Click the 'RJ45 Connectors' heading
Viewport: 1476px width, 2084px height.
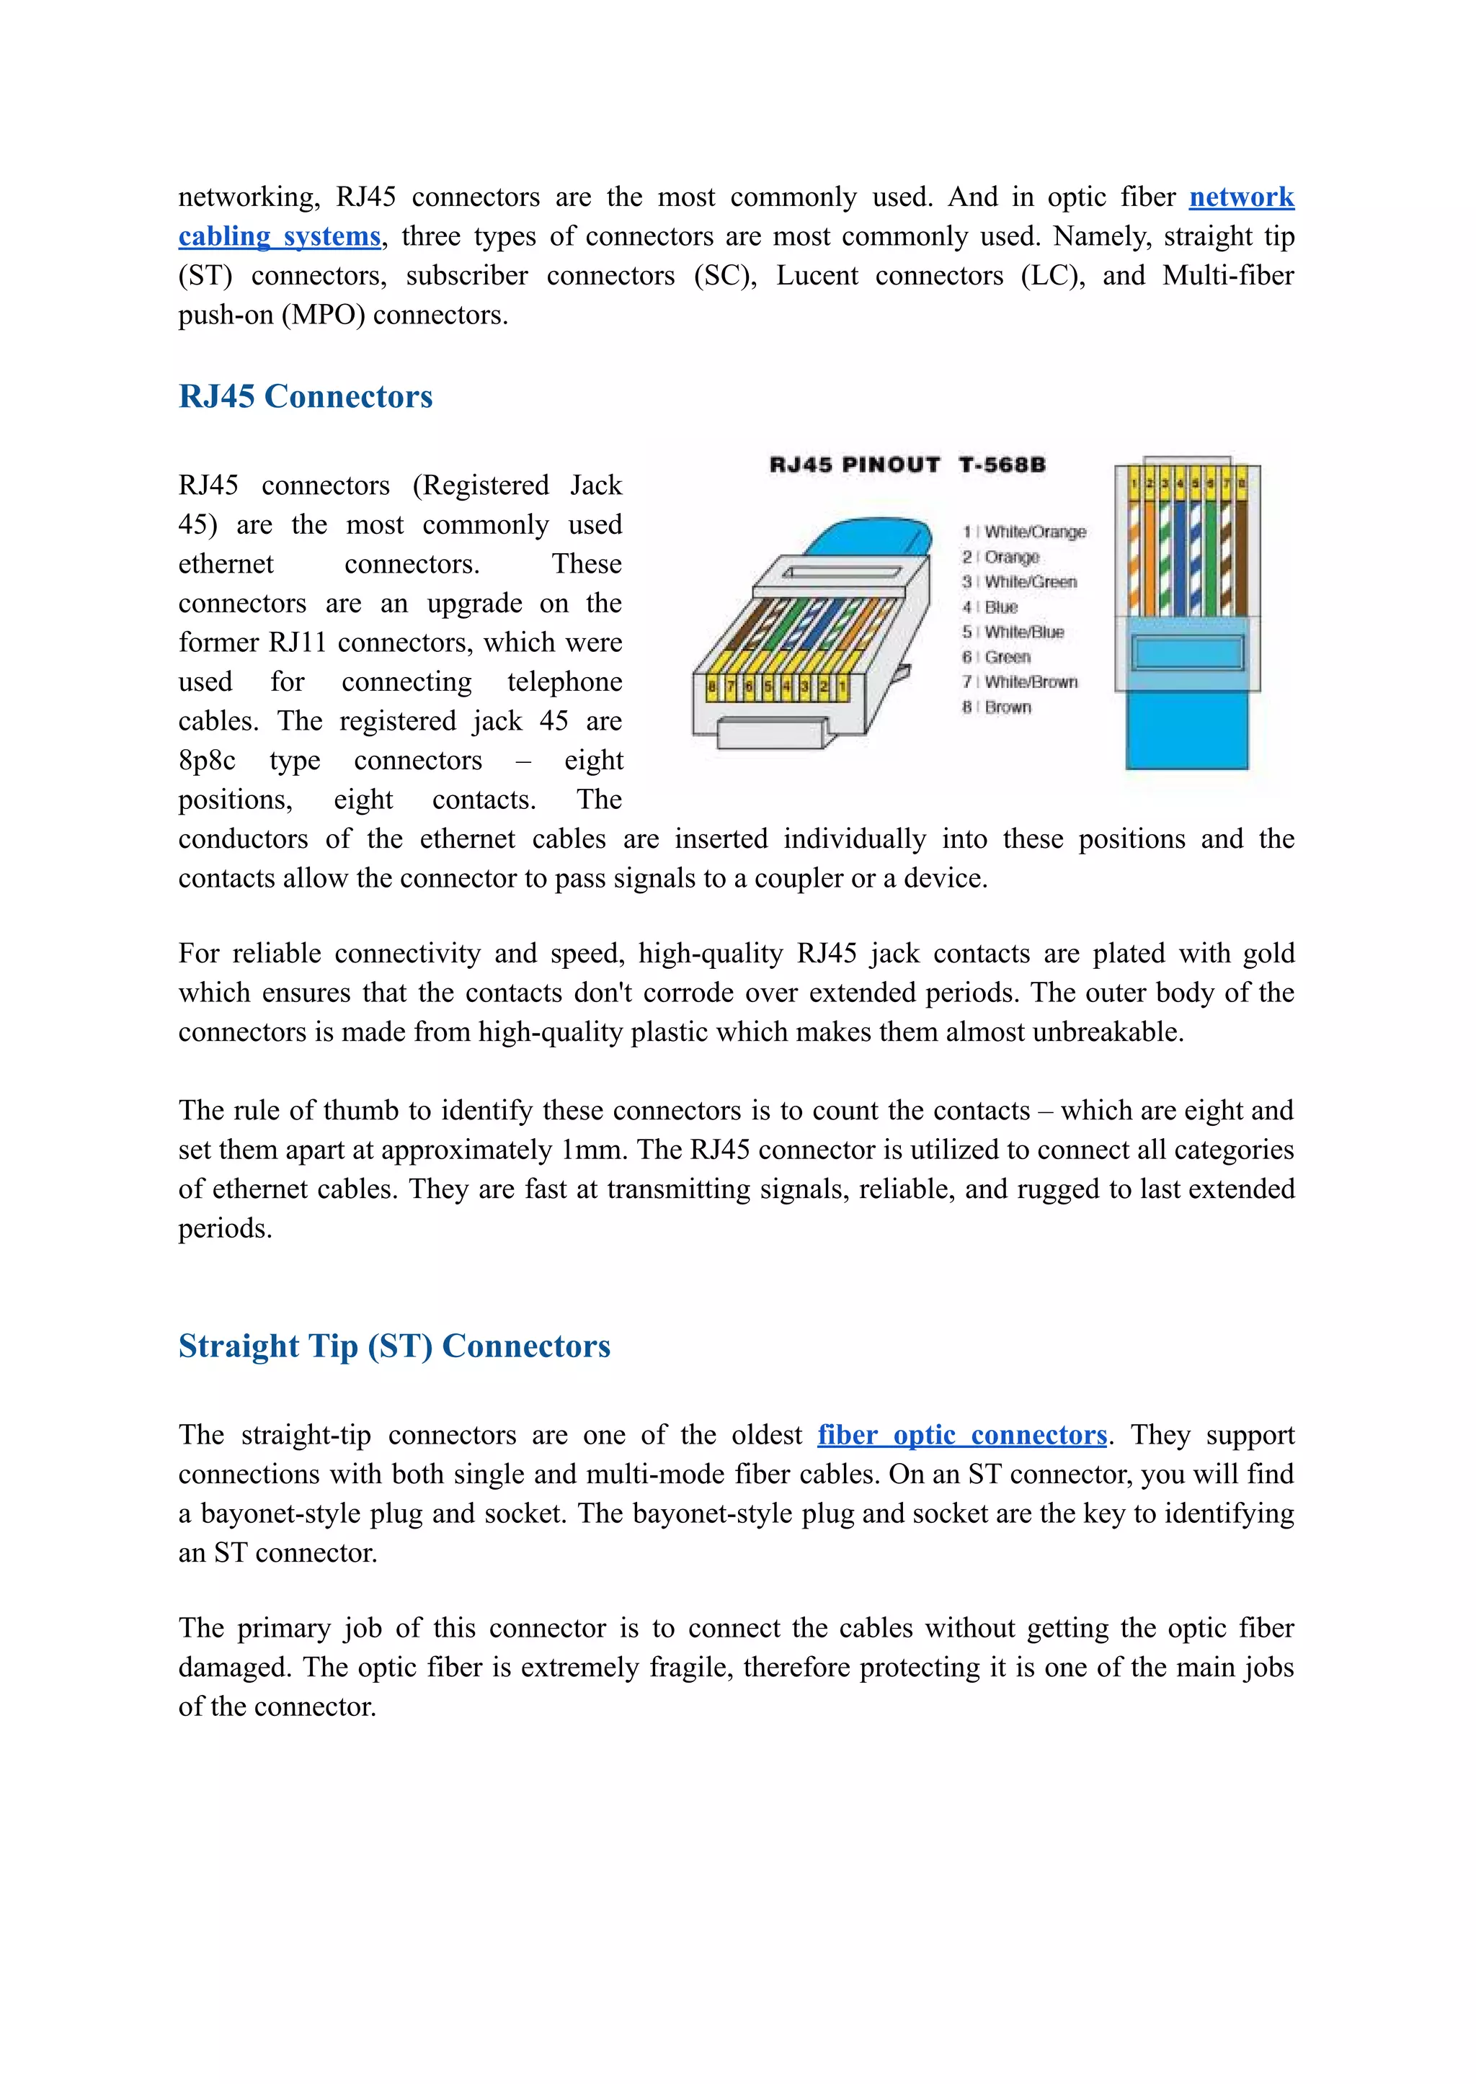pos(306,397)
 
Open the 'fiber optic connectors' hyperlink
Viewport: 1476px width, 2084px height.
pos(961,1434)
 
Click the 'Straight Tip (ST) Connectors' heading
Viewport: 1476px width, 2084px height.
pos(394,1346)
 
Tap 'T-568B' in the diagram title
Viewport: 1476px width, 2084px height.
pos(1002,465)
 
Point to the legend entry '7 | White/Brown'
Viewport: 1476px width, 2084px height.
pos(1020,681)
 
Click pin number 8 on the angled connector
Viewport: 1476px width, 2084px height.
pos(711,688)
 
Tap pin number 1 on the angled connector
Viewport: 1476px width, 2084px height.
pos(843,688)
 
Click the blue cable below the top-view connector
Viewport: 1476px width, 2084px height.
pos(1186,731)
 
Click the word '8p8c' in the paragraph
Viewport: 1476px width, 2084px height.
pos(208,761)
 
